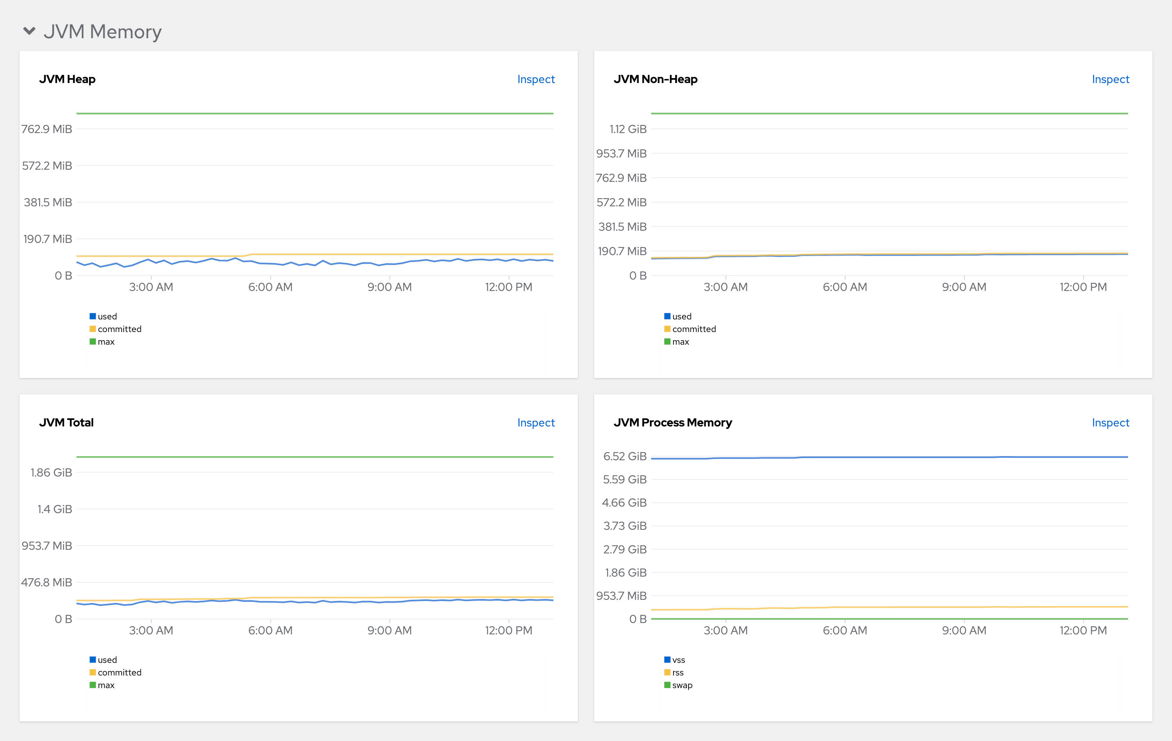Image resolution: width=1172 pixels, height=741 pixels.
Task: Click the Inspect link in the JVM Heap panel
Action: [536, 79]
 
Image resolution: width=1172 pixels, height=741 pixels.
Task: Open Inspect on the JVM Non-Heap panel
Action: [1110, 79]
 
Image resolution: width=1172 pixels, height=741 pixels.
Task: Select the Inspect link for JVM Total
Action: [536, 423]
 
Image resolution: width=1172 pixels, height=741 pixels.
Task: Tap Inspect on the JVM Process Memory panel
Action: [1110, 423]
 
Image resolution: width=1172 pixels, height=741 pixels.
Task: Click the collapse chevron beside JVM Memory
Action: [29, 31]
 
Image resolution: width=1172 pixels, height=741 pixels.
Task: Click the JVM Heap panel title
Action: [67, 79]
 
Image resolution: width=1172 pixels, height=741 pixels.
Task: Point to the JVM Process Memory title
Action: [672, 423]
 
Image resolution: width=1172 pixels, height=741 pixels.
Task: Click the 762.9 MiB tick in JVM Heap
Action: [47, 129]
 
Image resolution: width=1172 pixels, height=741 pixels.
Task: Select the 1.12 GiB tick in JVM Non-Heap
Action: [628, 129]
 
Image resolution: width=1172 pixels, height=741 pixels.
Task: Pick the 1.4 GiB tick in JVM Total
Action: [55, 509]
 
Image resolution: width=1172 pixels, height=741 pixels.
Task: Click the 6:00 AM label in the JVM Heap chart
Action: [270, 287]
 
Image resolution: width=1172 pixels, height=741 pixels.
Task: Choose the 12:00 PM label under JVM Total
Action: [508, 631]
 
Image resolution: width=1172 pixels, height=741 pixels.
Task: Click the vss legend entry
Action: [678, 660]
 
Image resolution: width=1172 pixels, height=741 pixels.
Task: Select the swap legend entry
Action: [681, 685]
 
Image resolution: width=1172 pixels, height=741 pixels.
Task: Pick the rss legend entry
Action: [678, 672]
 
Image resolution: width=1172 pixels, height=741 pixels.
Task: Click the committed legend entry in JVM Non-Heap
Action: [693, 329]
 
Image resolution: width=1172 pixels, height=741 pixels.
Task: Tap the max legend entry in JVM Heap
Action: [106, 341]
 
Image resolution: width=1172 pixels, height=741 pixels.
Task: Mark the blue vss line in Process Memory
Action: [925, 457]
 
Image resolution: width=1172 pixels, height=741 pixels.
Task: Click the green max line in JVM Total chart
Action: [316, 457]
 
